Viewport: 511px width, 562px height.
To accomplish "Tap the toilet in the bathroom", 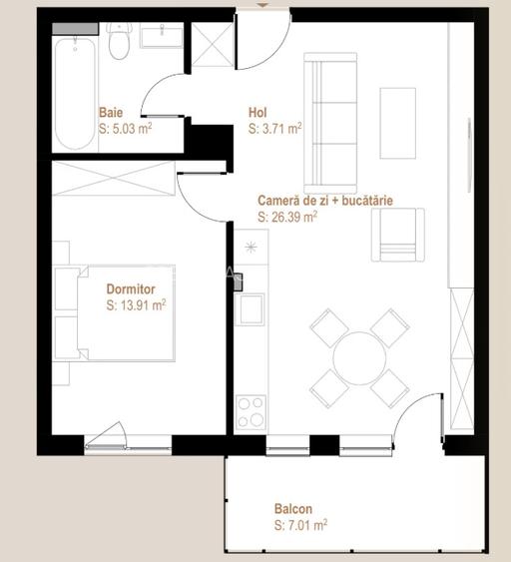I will tap(120, 43).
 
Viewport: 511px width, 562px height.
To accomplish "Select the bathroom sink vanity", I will tap(161, 39).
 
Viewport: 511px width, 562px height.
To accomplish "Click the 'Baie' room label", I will tap(111, 113).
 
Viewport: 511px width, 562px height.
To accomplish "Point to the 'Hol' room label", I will tap(257, 113).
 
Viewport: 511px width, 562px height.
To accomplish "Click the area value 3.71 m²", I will tap(274, 129).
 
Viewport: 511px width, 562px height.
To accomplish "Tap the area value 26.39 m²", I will tap(287, 216).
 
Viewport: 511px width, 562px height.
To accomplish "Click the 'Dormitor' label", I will tap(132, 290).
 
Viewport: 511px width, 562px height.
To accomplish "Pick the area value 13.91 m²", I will tap(136, 306).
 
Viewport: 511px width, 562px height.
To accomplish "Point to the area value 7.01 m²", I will tap(300, 523).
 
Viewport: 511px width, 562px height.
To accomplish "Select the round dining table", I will tap(359, 357).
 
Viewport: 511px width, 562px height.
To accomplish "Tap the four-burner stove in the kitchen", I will tap(250, 411).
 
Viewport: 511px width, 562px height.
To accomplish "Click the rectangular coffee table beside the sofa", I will tap(397, 123).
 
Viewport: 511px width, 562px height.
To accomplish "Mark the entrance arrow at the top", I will tap(261, 5).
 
